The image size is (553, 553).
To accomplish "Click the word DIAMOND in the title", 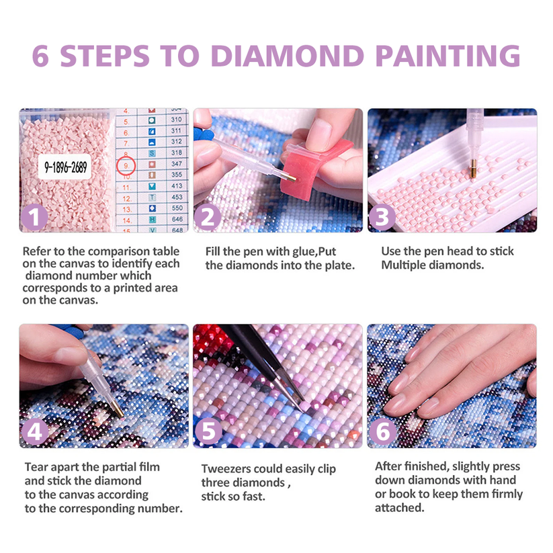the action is click(x=288, y=56).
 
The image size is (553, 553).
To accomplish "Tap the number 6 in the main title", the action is click(x=40, y=56).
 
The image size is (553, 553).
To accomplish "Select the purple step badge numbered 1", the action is click(x=34, y=217).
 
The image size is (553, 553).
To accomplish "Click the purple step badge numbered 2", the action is click(x=208, y=217).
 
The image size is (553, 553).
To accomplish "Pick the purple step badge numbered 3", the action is click(x=382, y=217).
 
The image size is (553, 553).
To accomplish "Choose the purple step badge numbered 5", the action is click(x=208, y=431).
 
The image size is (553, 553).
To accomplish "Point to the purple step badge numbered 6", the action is click(x=382, y=431).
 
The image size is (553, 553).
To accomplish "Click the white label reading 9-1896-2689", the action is click(x=65, y=167).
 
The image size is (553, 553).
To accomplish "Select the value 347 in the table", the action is click(x=177, y=164).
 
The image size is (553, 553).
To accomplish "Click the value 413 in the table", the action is click(x=177, y=186).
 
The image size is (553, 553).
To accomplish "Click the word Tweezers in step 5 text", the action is click(x=226, y=469).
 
